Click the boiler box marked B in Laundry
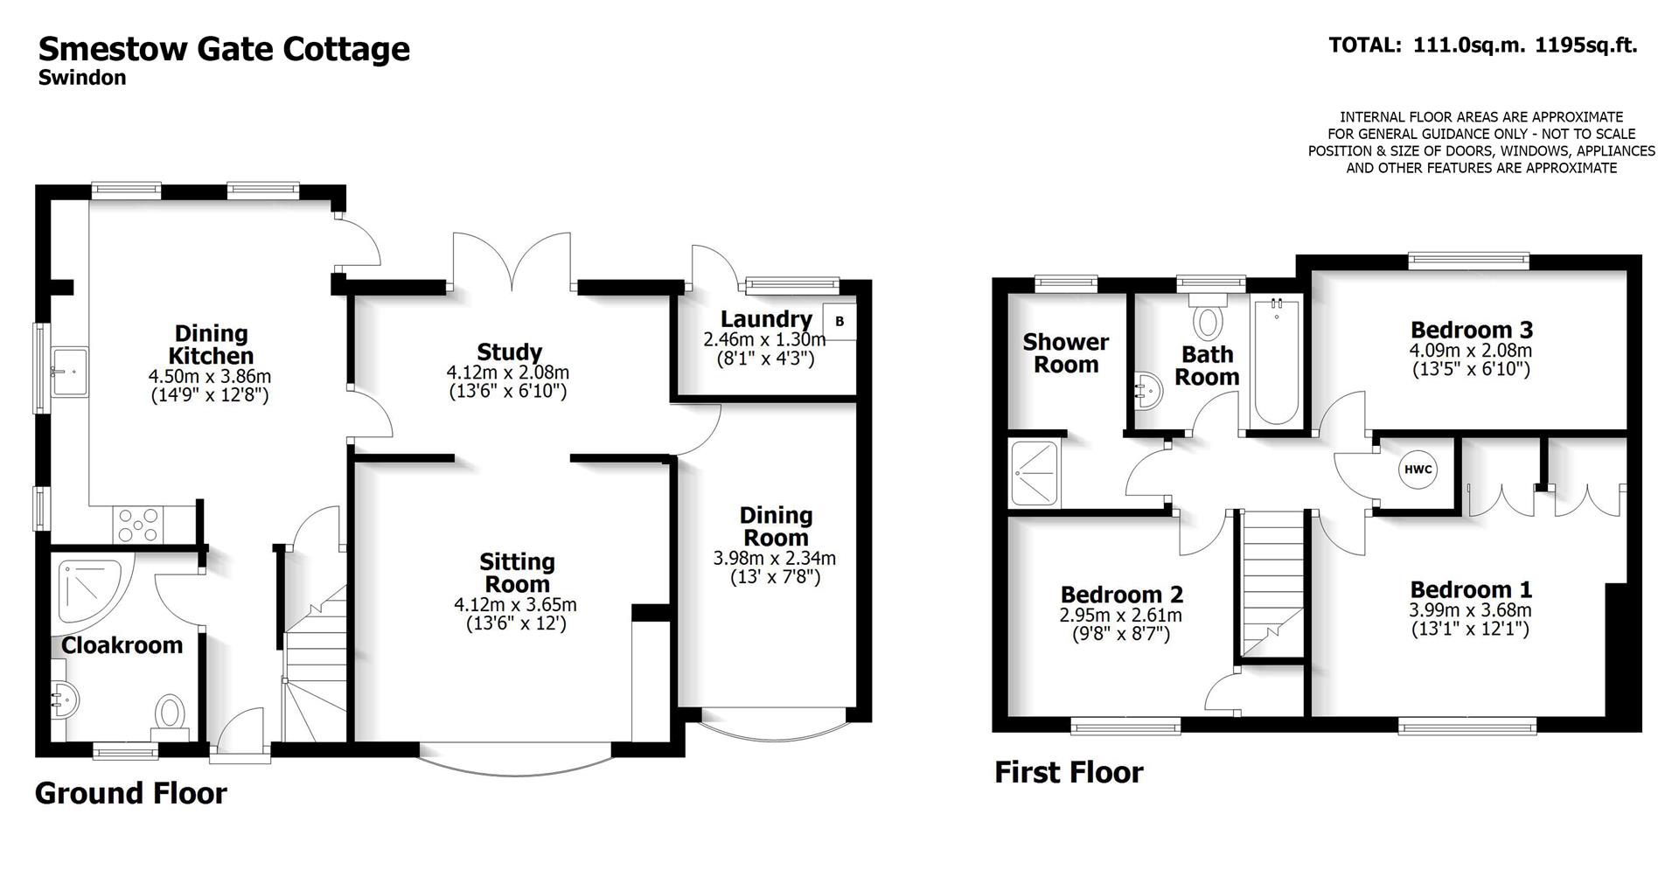click(839, 321)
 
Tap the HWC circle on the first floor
click(1418, 470)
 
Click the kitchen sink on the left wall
click(69, 372)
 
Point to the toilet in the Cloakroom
click(170, 713)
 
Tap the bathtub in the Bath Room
click(1276, 362)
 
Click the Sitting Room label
click(517, 573)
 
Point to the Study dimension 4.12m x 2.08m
click(507, 372)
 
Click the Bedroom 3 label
click(1471, 330)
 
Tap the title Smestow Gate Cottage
click(224, 48)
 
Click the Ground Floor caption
click(131, 793)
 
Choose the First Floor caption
click(1069, 772)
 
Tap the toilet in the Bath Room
click(1209, 319)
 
